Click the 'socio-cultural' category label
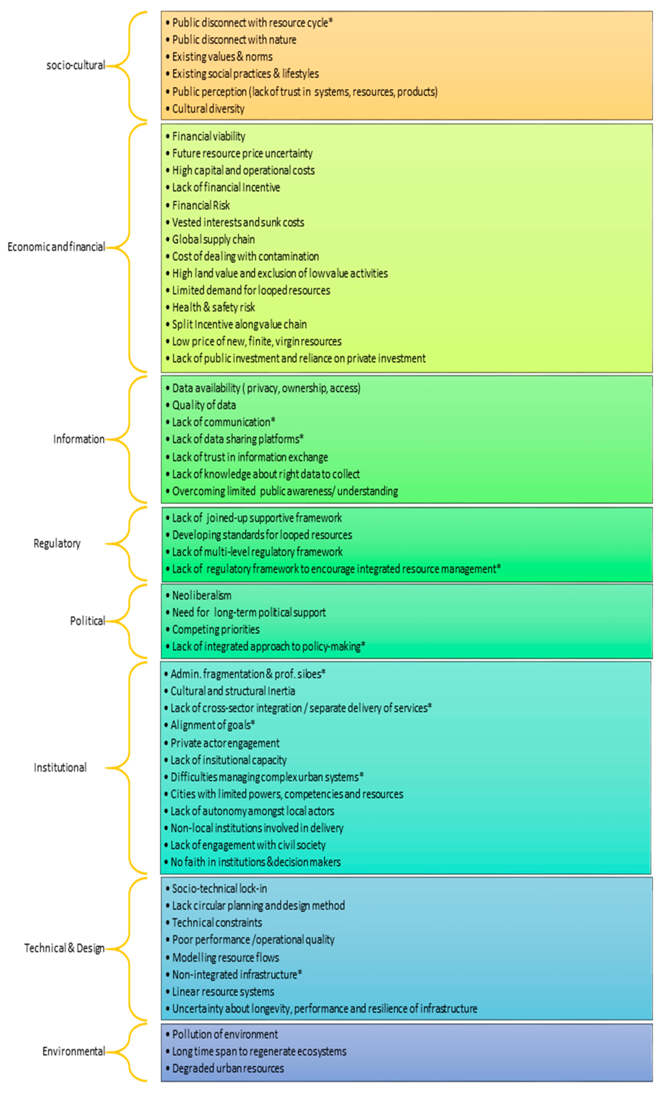75,65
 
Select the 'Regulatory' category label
57,543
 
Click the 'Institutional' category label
60,767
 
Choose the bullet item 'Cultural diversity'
208,109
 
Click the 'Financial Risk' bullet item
201,205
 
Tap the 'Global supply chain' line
213,240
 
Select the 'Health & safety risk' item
213,308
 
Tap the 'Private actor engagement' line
225,743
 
